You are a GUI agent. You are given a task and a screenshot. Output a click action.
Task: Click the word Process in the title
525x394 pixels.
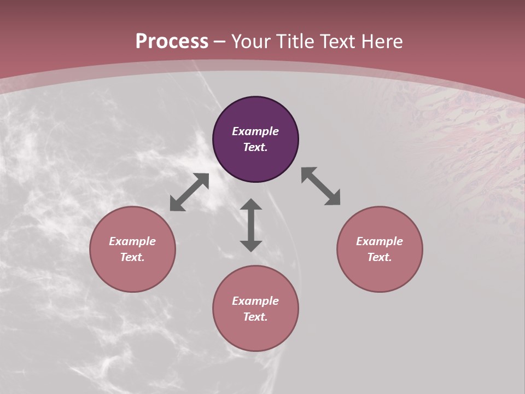[172, 42]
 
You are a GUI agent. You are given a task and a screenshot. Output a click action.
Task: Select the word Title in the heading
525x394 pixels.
[295, 42]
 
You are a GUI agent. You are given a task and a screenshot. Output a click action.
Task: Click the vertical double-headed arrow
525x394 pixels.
[251, 225]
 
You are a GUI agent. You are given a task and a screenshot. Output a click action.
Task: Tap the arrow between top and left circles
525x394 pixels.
[189, 192]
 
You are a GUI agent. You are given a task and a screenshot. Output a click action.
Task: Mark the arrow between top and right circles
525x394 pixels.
[321, 186]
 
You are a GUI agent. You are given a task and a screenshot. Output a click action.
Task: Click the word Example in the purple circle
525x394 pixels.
[255, 131]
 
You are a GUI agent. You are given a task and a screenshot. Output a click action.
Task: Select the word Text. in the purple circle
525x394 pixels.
[255, 147]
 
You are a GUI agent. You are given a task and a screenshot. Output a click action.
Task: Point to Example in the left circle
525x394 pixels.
[132, 241]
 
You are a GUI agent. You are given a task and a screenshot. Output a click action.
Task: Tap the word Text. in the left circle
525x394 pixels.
[132, 257]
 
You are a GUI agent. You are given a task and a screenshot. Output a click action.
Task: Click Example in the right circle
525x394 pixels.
[380, 241]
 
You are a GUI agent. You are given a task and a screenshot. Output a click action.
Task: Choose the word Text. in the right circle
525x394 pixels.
[380, 257]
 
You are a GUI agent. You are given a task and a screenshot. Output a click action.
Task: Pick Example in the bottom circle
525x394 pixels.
[255, 301]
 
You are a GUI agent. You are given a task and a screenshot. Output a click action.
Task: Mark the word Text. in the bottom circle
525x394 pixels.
[255, 317]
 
